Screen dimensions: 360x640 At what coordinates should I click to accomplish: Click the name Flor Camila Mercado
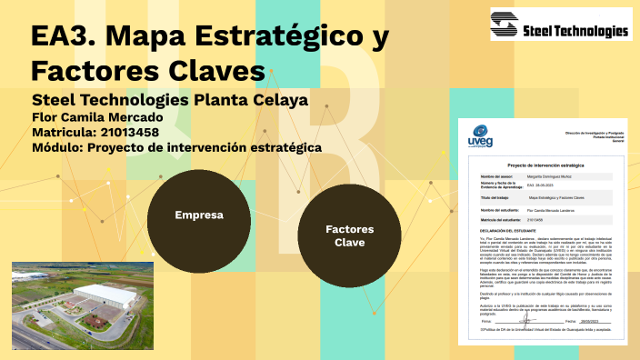97,116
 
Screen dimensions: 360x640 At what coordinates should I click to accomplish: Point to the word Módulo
56,147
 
